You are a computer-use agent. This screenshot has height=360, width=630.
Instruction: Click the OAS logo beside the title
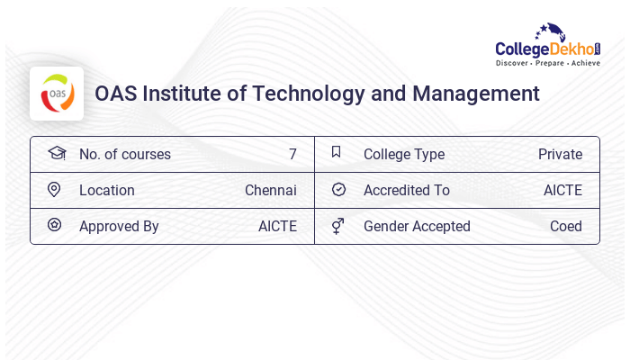(57, 94)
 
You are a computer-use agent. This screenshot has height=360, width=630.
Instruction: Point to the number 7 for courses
(292, 154)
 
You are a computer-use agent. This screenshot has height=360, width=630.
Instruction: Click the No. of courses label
(124, 154)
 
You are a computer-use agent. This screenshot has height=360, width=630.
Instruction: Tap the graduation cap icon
(57, 153)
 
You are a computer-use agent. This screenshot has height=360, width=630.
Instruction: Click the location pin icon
(54, 190)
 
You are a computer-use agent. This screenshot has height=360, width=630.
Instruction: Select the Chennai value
(270, 190)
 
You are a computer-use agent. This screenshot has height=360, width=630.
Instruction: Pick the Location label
(106, 190)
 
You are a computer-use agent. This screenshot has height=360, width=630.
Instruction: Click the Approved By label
(119, 226)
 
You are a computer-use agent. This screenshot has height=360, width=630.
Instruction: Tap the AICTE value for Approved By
(277, 226)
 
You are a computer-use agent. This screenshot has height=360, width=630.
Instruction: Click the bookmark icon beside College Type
(337, 152)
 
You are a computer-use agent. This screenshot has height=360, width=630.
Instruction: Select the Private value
(560, 154)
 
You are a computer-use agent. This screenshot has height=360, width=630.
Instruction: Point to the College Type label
(403, 154)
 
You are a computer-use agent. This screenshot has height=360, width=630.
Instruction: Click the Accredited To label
(406, 190)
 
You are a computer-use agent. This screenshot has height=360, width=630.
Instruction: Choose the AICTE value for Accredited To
(562, 190)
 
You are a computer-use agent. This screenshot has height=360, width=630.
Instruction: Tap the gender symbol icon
(337, 226)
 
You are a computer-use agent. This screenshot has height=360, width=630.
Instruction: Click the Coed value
(565, 226)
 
